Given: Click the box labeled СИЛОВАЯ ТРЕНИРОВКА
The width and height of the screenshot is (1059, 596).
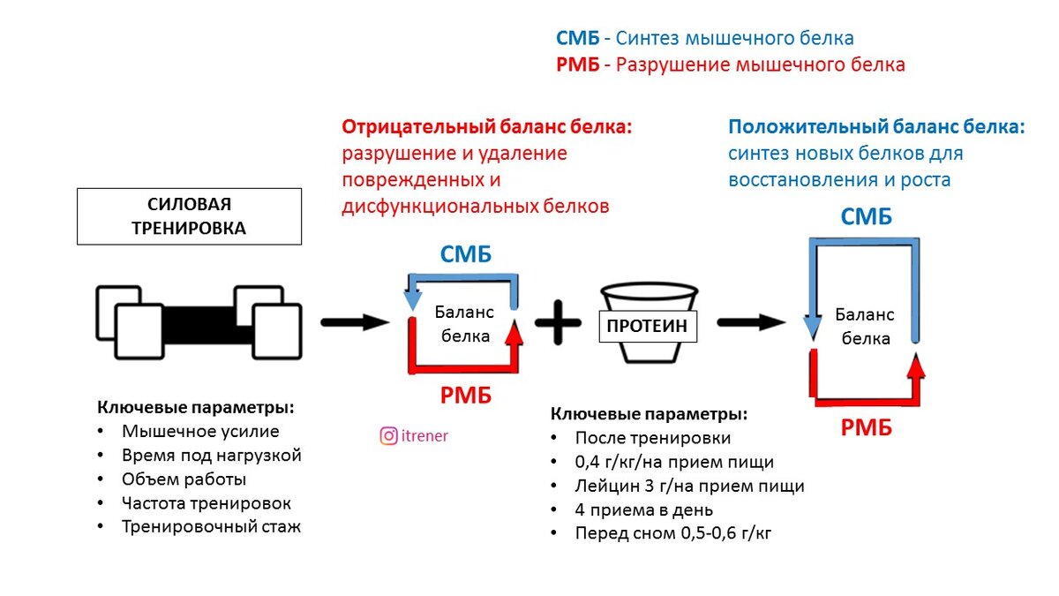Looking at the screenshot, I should [189, 216].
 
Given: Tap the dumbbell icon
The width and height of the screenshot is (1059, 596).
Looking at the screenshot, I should [198, 322].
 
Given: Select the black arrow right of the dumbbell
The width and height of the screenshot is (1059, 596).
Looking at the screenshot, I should [354, 322].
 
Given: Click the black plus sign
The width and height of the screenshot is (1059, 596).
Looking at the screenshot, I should [558, 322].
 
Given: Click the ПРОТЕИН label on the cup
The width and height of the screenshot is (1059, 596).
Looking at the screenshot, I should [647, 326].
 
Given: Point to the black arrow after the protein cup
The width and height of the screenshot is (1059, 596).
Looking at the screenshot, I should [751, 322].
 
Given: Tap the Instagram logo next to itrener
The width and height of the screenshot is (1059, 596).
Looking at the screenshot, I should [388, 435].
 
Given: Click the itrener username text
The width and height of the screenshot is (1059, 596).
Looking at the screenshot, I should [424, 435].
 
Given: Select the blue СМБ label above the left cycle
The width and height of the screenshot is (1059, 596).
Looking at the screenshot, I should [465, 255].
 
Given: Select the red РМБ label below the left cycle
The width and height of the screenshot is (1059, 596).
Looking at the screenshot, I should [465, 396].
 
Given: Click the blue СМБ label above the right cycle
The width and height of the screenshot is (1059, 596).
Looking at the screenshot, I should [866, 217].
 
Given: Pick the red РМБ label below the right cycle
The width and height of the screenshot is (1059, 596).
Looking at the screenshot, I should [866, 428].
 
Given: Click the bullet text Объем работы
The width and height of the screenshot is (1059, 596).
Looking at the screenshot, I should [184, 479].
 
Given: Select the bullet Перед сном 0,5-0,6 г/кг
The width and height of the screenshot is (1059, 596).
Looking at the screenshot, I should [673, 533].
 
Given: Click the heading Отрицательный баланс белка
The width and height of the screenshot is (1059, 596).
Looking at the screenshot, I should [487, 126].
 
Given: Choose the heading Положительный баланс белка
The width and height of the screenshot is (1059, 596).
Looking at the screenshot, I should [876, 126].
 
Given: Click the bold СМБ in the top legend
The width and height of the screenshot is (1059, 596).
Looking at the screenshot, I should [578, 38].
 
